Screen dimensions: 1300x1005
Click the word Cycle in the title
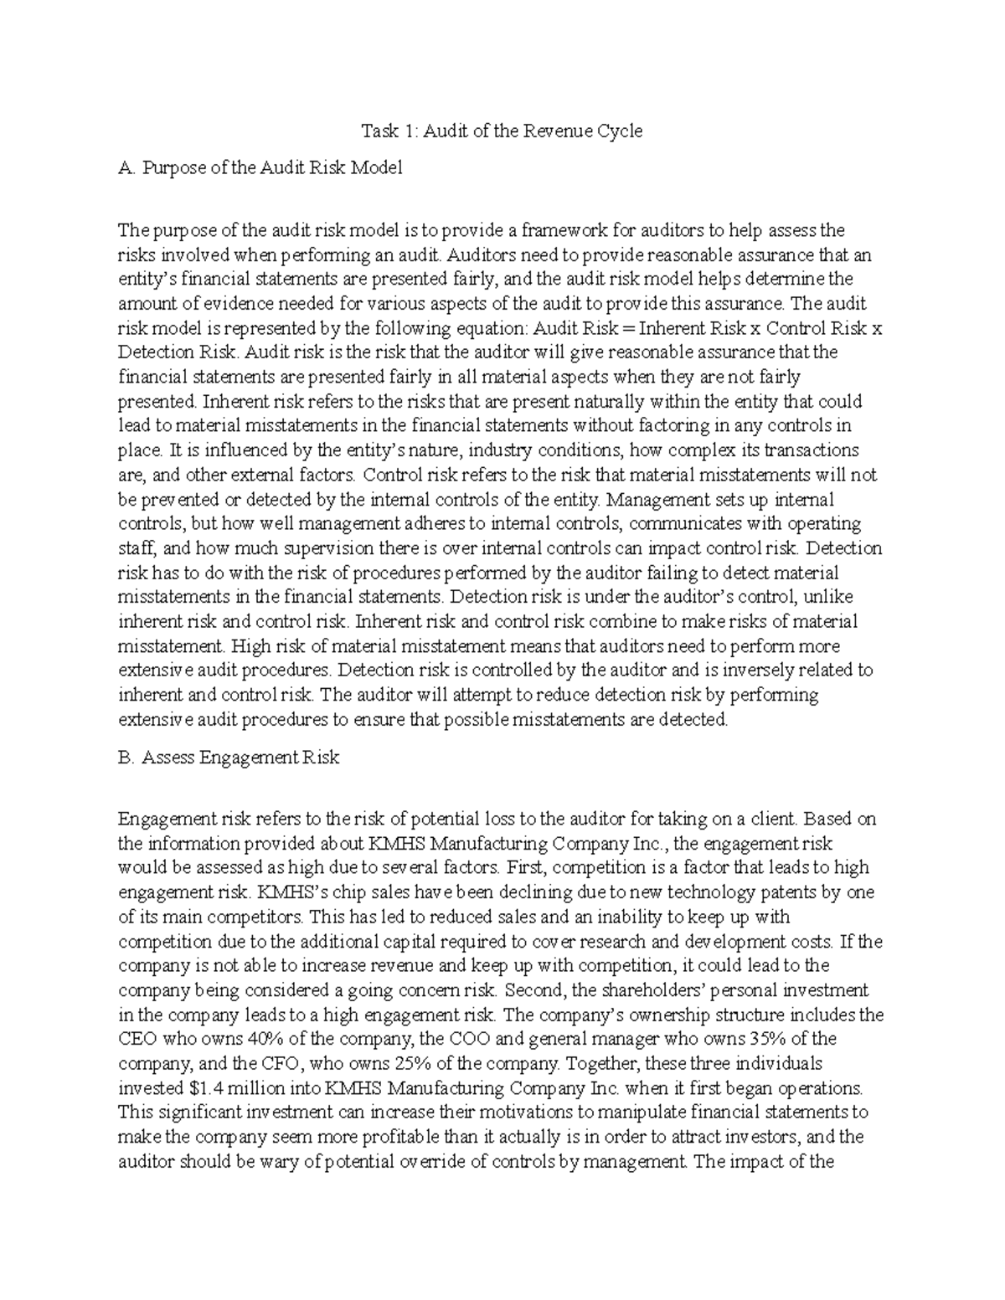(x=619, y=131)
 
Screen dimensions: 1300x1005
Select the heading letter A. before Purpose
(x=126, y=167)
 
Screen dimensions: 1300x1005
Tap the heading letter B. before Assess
(x=126, y=758)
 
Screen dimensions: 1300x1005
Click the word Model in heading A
(x=379, y=167)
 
